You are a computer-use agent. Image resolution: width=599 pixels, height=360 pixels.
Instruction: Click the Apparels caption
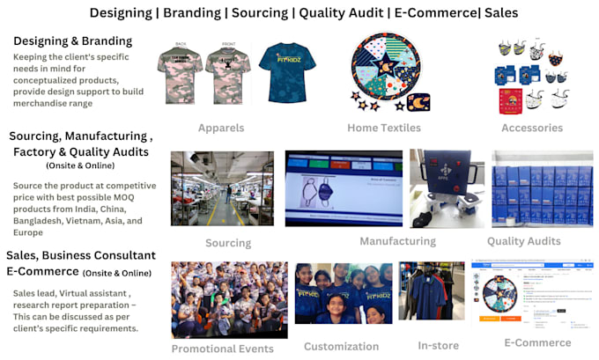tap(221, 128)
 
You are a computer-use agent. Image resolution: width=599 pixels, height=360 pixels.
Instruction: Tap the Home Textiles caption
tap(383, 128)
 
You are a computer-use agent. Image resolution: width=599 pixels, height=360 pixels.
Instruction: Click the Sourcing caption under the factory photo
tap(227, 243)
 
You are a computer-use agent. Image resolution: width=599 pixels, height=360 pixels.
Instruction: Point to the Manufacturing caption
tap(397, 241)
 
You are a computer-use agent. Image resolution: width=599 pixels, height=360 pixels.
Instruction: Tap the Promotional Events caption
tap(222, 349)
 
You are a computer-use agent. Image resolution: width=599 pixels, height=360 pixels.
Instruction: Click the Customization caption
tap(341, 347)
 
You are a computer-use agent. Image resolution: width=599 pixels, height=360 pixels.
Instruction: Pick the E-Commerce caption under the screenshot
tap(536, 342)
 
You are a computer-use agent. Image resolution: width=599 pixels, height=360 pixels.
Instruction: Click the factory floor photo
tap(222, 188)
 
